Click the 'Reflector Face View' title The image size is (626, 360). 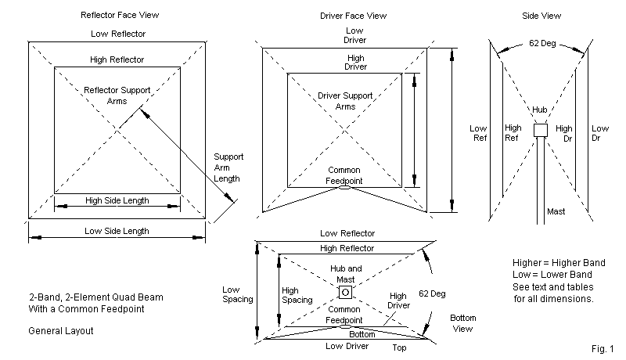point(117,15)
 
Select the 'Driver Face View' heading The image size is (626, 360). point(354,15)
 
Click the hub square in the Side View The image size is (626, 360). point(539,131)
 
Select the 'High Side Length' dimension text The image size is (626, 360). point(117,202)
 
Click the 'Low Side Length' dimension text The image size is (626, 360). point(117,231)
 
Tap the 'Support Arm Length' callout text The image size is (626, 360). point(228,167)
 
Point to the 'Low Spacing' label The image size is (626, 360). point(237,293)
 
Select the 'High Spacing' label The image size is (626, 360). point(297,293)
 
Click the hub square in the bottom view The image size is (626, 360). point(344,293)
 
